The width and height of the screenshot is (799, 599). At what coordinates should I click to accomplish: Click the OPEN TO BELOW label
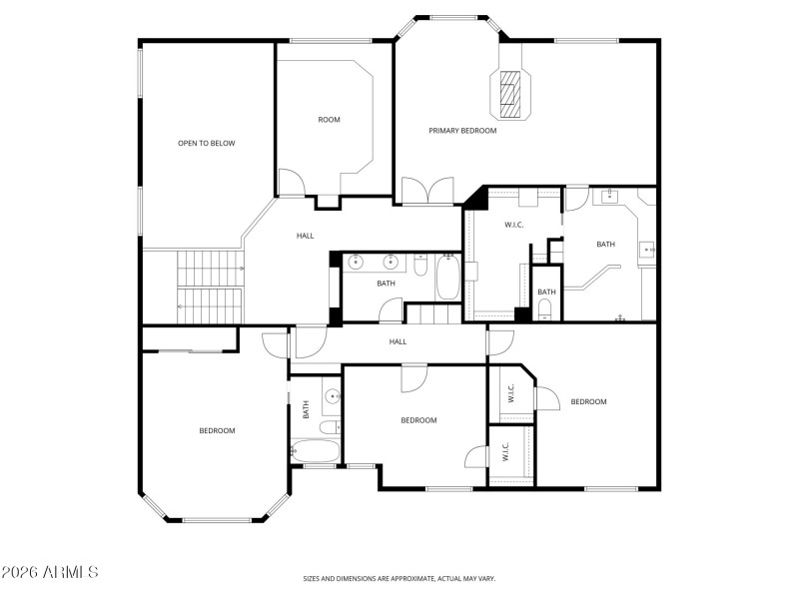206,144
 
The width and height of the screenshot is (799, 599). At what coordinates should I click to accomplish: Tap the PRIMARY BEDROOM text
462,131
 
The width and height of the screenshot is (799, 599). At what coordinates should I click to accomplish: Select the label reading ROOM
329,120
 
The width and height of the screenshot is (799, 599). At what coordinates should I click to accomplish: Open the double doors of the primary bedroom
426,192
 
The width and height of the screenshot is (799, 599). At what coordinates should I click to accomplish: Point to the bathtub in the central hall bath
447,279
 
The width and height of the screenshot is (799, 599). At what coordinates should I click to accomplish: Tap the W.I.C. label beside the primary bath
514,225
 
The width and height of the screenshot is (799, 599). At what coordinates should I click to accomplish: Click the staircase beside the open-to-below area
211,287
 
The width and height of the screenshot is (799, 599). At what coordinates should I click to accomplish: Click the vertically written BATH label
307,408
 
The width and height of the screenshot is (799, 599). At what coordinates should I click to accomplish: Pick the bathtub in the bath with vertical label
315,452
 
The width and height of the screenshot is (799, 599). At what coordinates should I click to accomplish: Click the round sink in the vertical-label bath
331,396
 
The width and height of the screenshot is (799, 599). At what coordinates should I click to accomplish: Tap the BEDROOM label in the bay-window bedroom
217,430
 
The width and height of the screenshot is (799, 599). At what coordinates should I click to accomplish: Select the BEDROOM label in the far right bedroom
588,401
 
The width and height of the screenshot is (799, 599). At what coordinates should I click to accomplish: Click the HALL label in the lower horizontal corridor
398,341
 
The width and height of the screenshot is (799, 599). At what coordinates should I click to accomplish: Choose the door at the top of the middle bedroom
414,376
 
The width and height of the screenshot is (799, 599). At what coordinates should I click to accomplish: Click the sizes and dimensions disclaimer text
399,578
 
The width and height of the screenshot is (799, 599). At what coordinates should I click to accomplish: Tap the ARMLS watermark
49,573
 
